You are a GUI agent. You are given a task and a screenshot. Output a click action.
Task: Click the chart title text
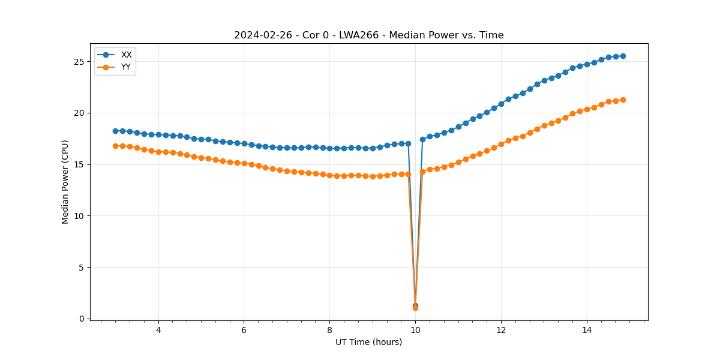(368, 35)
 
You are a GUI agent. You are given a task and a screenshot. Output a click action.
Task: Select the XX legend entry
(126, 55)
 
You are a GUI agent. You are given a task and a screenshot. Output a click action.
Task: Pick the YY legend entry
(126, 67)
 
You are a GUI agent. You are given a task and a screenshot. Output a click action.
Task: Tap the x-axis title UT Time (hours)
(368, 342)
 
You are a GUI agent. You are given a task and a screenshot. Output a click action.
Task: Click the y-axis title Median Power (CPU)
(65, 182)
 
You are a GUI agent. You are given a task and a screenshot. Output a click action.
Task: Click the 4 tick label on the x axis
(158, 330)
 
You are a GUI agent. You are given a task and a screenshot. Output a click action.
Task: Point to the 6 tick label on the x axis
(244, 330)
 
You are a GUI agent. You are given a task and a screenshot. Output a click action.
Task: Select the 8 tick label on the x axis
(329, 330)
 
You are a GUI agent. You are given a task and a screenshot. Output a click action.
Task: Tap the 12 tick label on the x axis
(501, 330)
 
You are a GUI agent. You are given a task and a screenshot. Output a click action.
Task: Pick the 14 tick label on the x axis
(586, 330)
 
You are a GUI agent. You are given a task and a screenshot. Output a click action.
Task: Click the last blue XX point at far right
(623, 56)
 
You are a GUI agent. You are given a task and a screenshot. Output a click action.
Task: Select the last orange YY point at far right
(623, 100)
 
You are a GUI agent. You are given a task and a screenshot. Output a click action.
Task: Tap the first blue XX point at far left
(115, 131)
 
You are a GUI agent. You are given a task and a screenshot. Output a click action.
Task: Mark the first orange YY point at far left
(115, 146)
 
